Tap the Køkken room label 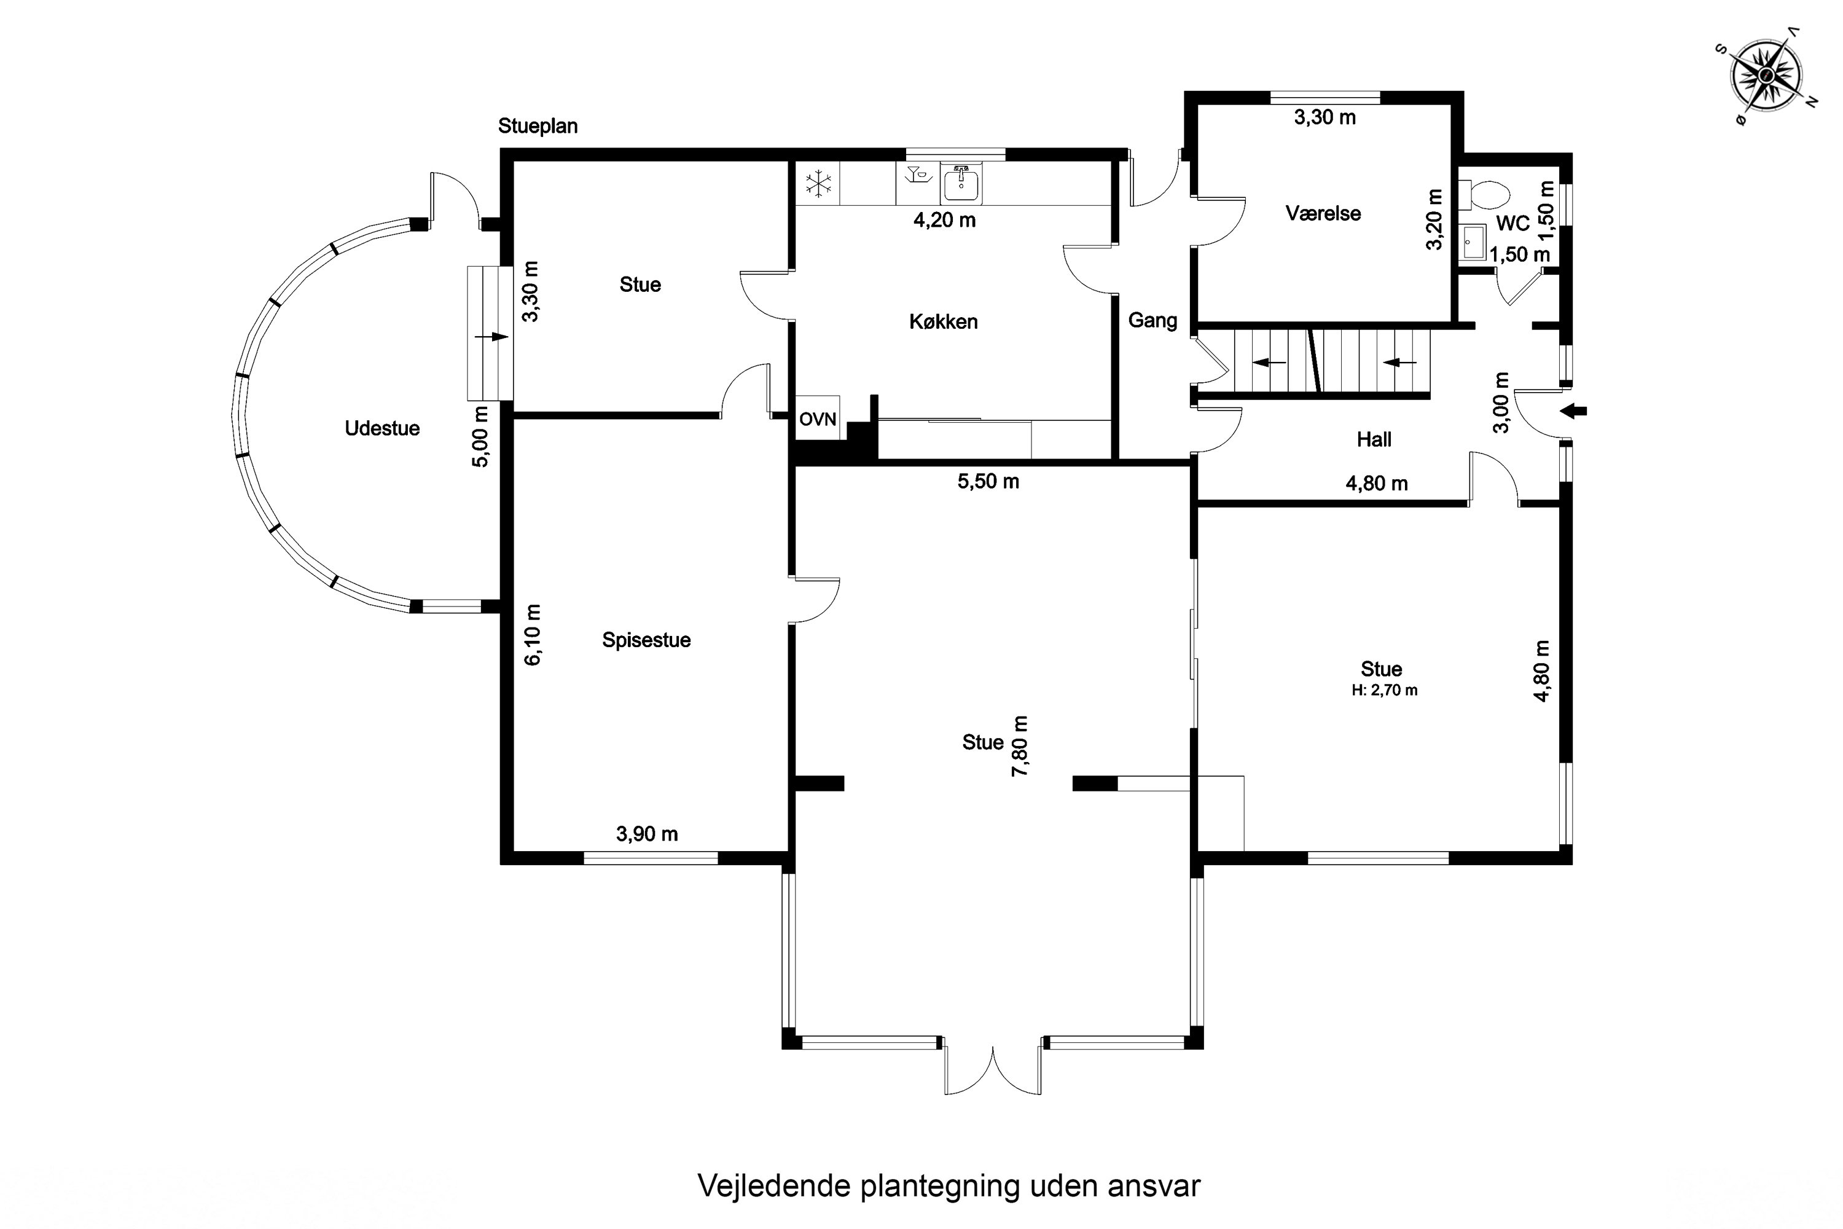point(944,321)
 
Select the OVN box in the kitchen point(818,418)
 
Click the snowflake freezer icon point(819,185)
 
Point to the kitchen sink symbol point(961,184)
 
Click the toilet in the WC point(1484,194)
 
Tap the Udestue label point(382,428)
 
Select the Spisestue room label point(646,640)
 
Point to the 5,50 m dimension point(988,481)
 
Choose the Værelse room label point(1323,213)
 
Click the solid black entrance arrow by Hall point(1574,410)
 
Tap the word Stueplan point(538,126)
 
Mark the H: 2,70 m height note point(1385,691)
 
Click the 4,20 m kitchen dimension point(945,220)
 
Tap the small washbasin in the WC point(1474,242)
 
